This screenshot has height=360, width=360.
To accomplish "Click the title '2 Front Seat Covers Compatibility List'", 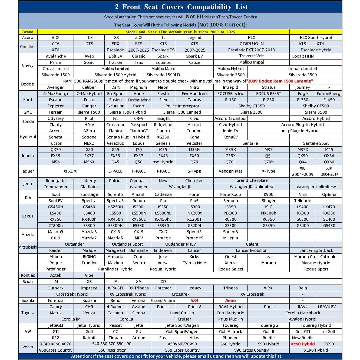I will pyautogui.click(x=181, y=7).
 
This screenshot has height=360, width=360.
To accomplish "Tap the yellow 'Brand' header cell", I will pyautogui.click(x=28, y=32).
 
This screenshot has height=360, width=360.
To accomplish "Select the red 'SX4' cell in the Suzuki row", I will pyautogui.click(x=194, y=300).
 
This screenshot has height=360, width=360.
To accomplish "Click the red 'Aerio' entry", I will pyautogui.click(x=230, y=300).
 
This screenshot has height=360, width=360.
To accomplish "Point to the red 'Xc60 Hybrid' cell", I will pyautogui.click(x=302, y=344).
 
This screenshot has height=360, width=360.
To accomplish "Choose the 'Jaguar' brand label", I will pyautogui.click(x=28, y=171).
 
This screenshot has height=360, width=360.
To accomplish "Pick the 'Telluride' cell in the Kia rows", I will pyautogui.click(x=302, y=201).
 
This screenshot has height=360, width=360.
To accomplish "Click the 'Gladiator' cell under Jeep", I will pyautogui.click(x=89, y=187).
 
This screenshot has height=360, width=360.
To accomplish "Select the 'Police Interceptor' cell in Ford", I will pyautogui.click(x=182, y=106).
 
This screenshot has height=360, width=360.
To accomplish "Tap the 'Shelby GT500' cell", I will pyautogui.click(x=316, y=106).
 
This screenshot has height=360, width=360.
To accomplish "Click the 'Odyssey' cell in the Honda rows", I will pyautogui.click(x=55, y=118).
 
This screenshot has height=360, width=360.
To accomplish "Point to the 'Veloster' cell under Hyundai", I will pyautogui.click(x=194, y=143).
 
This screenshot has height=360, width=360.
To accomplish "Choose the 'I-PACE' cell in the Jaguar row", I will pyautogui.click(x=163, y=171).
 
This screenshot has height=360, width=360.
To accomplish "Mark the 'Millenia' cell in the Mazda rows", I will pyautogui.click(x=230, y=238).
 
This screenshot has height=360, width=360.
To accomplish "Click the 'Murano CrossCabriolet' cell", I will pyautogui.click(x=316, y=257).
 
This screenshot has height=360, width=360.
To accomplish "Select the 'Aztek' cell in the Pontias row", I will pyautogui.click(x=55, y=275).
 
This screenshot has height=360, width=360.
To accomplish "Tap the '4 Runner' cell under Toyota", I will pyautogui.click(x=115, y=307).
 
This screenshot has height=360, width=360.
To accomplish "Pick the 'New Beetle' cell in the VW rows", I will pyautogui.click(x=302, y=338).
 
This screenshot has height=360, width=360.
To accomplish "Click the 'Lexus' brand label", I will pyautogui.click(x=28, y=216).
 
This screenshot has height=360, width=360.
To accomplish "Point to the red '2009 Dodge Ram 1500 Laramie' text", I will pyautogui.click(x=280, y=81).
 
